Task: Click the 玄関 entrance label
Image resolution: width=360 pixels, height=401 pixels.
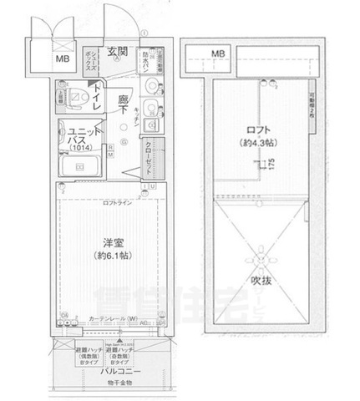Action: coord(117,51)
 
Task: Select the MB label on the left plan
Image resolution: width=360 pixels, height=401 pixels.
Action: coord(63,60)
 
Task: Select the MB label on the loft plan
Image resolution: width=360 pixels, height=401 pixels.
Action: coord(217,54)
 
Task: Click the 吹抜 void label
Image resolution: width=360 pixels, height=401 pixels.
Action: coord(259,282)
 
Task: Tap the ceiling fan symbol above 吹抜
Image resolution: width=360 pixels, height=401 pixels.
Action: coord(261,251)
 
